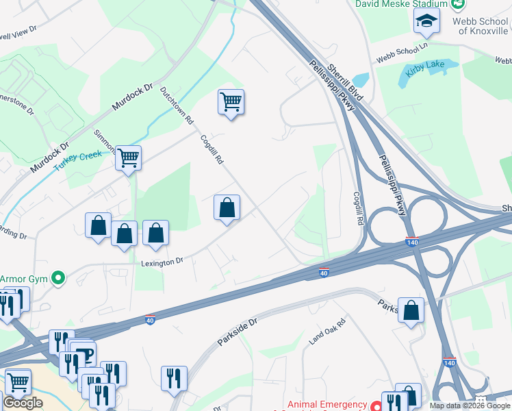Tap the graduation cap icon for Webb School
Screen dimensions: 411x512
tap(426, 23)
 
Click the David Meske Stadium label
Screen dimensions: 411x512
tap(401, 4)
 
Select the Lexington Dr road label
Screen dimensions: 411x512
tap(162, 261)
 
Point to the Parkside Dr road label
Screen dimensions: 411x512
tap(237, 330)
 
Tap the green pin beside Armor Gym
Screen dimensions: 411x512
tap(59, 278)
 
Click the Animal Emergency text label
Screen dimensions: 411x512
tap(327, 404)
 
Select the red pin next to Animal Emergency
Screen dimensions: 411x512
tap(376, 404)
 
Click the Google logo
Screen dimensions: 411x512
tap(23, 403)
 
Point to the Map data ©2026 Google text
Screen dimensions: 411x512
tap(469, 406)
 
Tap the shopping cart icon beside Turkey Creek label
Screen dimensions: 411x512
tap(128, 158)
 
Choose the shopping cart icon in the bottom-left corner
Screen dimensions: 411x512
tap(18, 382)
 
